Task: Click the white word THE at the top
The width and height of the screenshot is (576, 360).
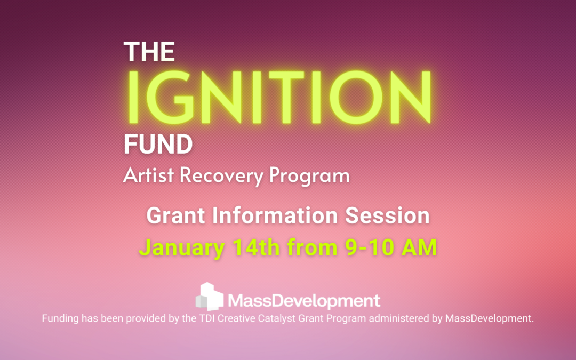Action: point(149,51)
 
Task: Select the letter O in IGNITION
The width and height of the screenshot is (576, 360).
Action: point(356,98)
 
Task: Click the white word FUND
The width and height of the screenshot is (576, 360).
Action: point(158,144)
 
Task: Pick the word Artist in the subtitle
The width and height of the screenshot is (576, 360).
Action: point(148,175)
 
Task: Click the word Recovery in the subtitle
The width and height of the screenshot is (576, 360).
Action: point(221,175)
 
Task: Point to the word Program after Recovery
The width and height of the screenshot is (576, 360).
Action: point(309,175)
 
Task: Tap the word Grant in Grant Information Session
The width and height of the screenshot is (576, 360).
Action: point(175,215)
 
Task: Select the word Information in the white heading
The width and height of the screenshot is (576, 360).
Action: point(275,215)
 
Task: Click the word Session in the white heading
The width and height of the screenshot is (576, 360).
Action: point(387,215)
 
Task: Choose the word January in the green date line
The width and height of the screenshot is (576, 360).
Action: point(182,247)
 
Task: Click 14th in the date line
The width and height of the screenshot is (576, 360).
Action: point(256,247)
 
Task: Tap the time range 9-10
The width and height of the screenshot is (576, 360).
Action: point(370,247)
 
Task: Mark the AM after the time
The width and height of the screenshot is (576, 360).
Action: point(419,247)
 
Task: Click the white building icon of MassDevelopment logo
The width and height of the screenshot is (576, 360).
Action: point(210,297)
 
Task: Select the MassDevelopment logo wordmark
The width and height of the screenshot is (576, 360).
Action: point(304,301)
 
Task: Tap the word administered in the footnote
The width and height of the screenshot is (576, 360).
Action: point(398,318)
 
